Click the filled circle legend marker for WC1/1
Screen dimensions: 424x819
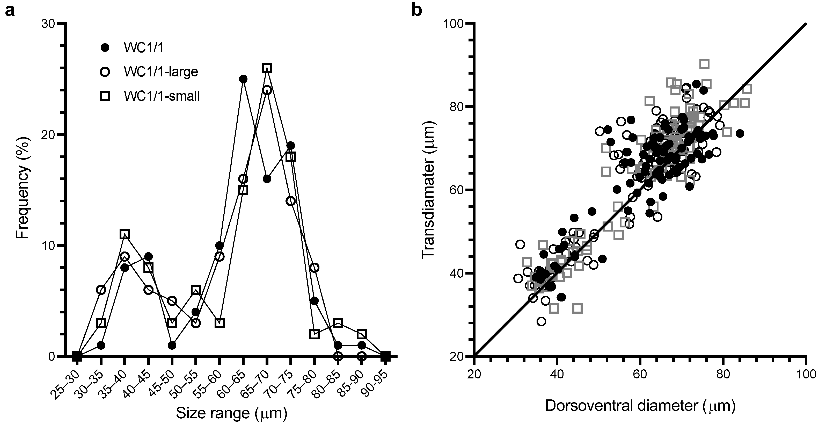[x=105, y=48]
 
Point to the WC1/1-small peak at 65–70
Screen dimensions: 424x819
[x=267, y=68]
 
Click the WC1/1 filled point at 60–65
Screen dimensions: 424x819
[x=243, y=79]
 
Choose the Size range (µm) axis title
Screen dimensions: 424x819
[x=231, y=413]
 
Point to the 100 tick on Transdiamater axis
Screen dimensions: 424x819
[x=457, y=24]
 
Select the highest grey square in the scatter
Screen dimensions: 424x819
[x=705, y=64]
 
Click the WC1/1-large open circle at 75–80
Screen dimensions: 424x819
[x=314, y=268]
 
